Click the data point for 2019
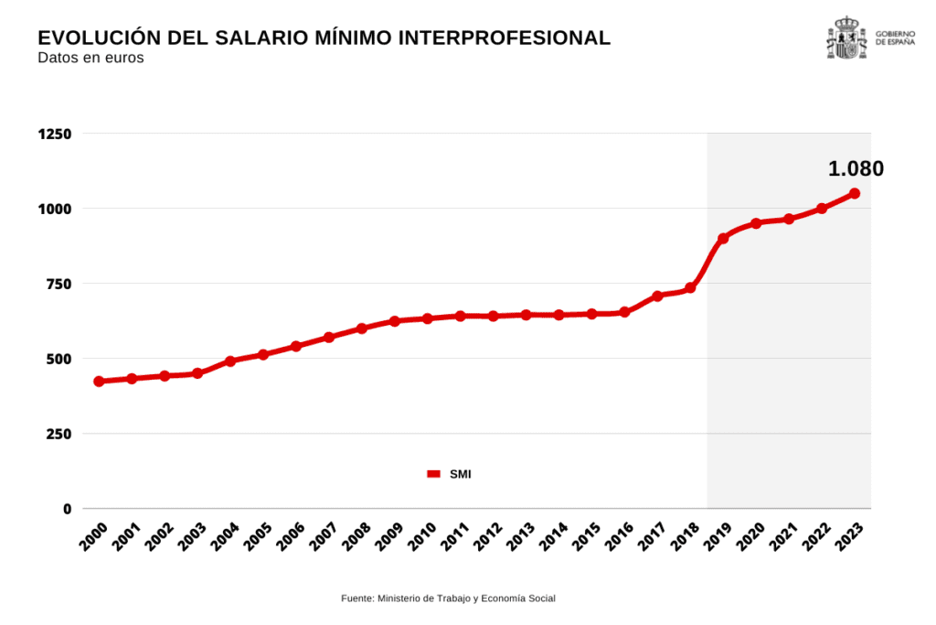(723, 238)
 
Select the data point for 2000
(99, 382)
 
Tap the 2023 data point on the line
(855, 193)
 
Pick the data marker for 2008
(362, 328)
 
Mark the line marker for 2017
(657, 296)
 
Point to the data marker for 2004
(230, 361)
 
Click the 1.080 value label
(856, 168)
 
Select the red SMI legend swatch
(434, 473)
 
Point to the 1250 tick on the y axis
(55, 134)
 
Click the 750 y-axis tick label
(58, 284)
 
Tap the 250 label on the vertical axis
(58, 434)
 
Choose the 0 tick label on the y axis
(67, 509)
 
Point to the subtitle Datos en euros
(90, 59)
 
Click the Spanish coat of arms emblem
(846, 38)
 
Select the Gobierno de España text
(895, 38)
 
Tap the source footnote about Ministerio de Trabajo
(448, 598)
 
